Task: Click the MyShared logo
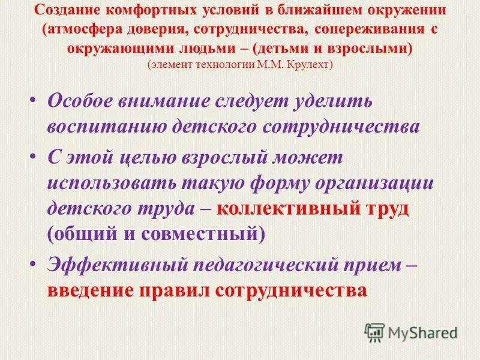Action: [411, 332]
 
